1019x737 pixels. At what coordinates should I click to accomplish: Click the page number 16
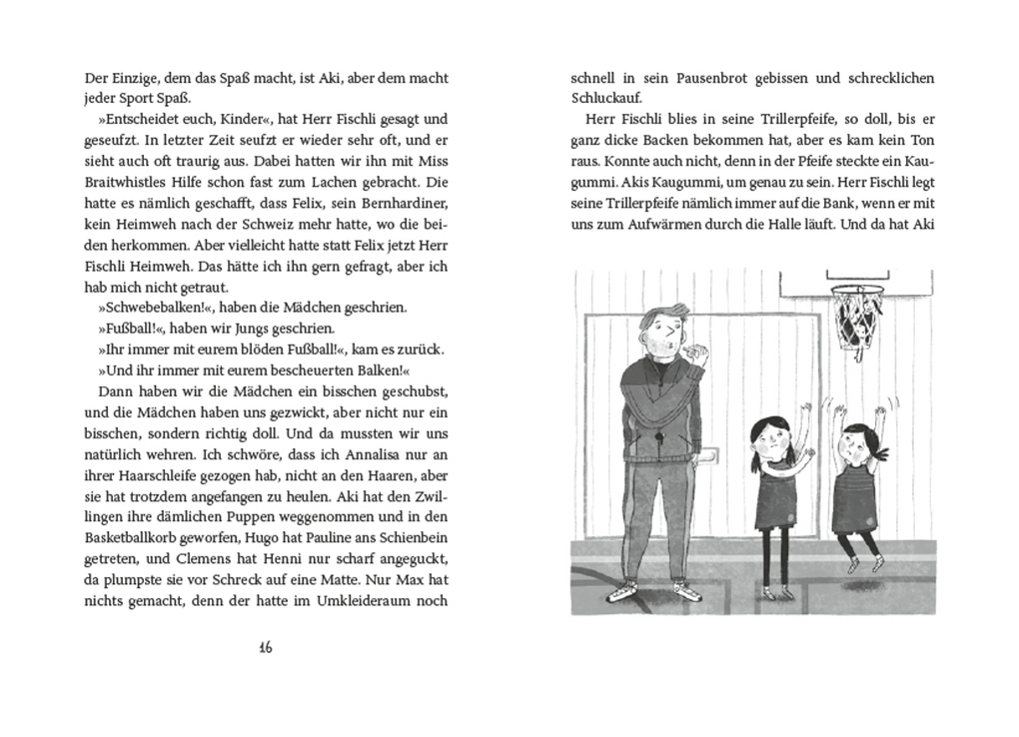click(x=265, y=647)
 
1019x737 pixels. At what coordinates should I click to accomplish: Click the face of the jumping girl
click(x=857, y=445)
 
